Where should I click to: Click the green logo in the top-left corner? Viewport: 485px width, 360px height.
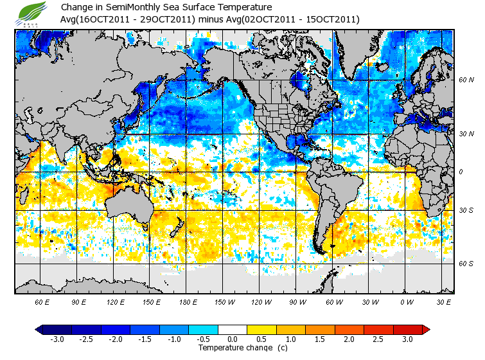[x=33, y=13]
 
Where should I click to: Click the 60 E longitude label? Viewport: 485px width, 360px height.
[x=42, y=301]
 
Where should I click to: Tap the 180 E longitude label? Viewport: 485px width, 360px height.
[x=188, y=301]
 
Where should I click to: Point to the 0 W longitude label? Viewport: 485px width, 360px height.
[x=406, y=301]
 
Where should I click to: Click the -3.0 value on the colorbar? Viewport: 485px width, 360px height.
[x=57, y=339]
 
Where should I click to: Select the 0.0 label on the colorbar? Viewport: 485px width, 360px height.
[x=233, y=339]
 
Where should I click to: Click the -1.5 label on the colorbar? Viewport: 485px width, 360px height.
[x=145, y=339]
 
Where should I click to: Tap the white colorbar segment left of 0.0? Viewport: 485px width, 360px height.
[x=218, y=329]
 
